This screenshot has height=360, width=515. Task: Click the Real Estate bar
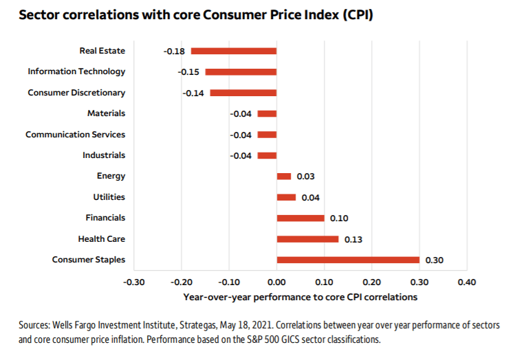234,51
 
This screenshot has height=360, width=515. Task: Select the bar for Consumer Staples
348,260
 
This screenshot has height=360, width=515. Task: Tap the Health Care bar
307,239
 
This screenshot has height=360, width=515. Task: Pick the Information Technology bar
241,71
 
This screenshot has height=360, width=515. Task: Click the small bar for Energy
284,177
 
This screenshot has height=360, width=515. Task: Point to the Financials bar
300,218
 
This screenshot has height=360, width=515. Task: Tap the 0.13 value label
352,239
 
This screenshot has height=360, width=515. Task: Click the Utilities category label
109,197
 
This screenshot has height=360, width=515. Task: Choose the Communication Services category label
76,135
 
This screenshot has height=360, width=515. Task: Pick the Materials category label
107,113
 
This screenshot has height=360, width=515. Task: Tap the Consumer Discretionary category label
76,93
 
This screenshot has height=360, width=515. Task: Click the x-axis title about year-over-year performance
300,297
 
